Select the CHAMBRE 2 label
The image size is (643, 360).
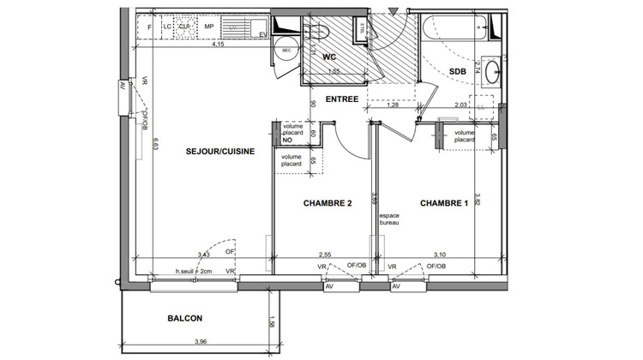click(x=328, y=204)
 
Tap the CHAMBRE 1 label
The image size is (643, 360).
click(x=443, y=204)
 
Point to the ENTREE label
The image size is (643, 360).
click(x=341, y=99)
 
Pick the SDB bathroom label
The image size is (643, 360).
click(x=456, y=71)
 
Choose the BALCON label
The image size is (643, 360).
click(x=185, y=318)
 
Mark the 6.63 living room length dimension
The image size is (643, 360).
click(x=155, y=146)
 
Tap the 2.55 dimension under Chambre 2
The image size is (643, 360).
click(x=325, y=255)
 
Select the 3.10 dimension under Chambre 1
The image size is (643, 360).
click(x=440, y=255)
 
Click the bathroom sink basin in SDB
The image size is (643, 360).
click(x=493, y=71)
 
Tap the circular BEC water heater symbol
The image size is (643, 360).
click(x=285, y=51)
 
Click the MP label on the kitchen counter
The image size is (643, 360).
click(x=208, y=27)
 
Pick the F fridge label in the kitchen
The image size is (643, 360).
click(x=151, y=27)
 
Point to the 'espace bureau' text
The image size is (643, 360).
click(x=390, y=220)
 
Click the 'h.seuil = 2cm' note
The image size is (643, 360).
click(x=194, y=271)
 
